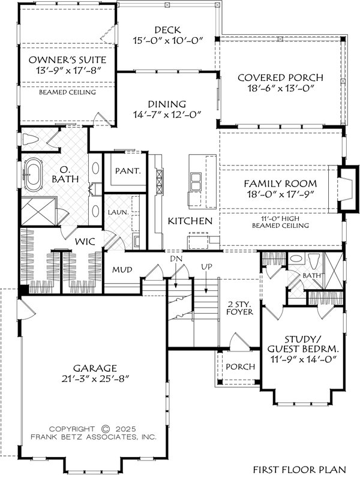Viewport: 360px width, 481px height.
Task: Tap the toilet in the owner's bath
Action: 30,140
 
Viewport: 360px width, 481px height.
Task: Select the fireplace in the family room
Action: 344,189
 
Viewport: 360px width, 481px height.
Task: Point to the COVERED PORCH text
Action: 280,78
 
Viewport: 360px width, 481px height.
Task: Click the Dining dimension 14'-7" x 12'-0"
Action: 166,115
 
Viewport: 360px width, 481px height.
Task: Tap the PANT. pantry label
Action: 128,171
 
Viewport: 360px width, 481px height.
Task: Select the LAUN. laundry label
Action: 116,212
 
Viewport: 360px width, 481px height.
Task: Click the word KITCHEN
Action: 190,221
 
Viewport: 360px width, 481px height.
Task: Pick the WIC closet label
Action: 82,242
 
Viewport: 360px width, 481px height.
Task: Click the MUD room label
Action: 122,270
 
